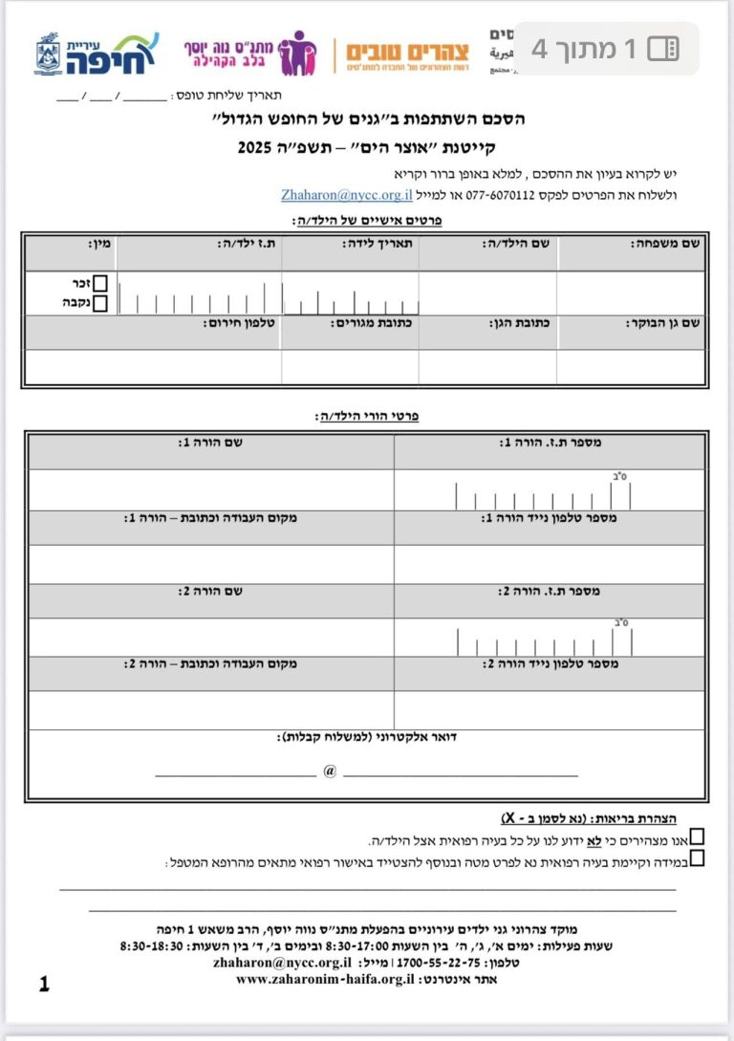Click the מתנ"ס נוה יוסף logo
point(250,54)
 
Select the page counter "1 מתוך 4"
point(605,49)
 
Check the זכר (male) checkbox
point(99,284)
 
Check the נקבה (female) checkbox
point(99,303)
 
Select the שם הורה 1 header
point(210,443)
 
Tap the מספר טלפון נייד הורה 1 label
point(550,518)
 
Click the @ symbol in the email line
point(330,770)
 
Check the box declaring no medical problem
point(697,836)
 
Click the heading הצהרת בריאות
point(636,818)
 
